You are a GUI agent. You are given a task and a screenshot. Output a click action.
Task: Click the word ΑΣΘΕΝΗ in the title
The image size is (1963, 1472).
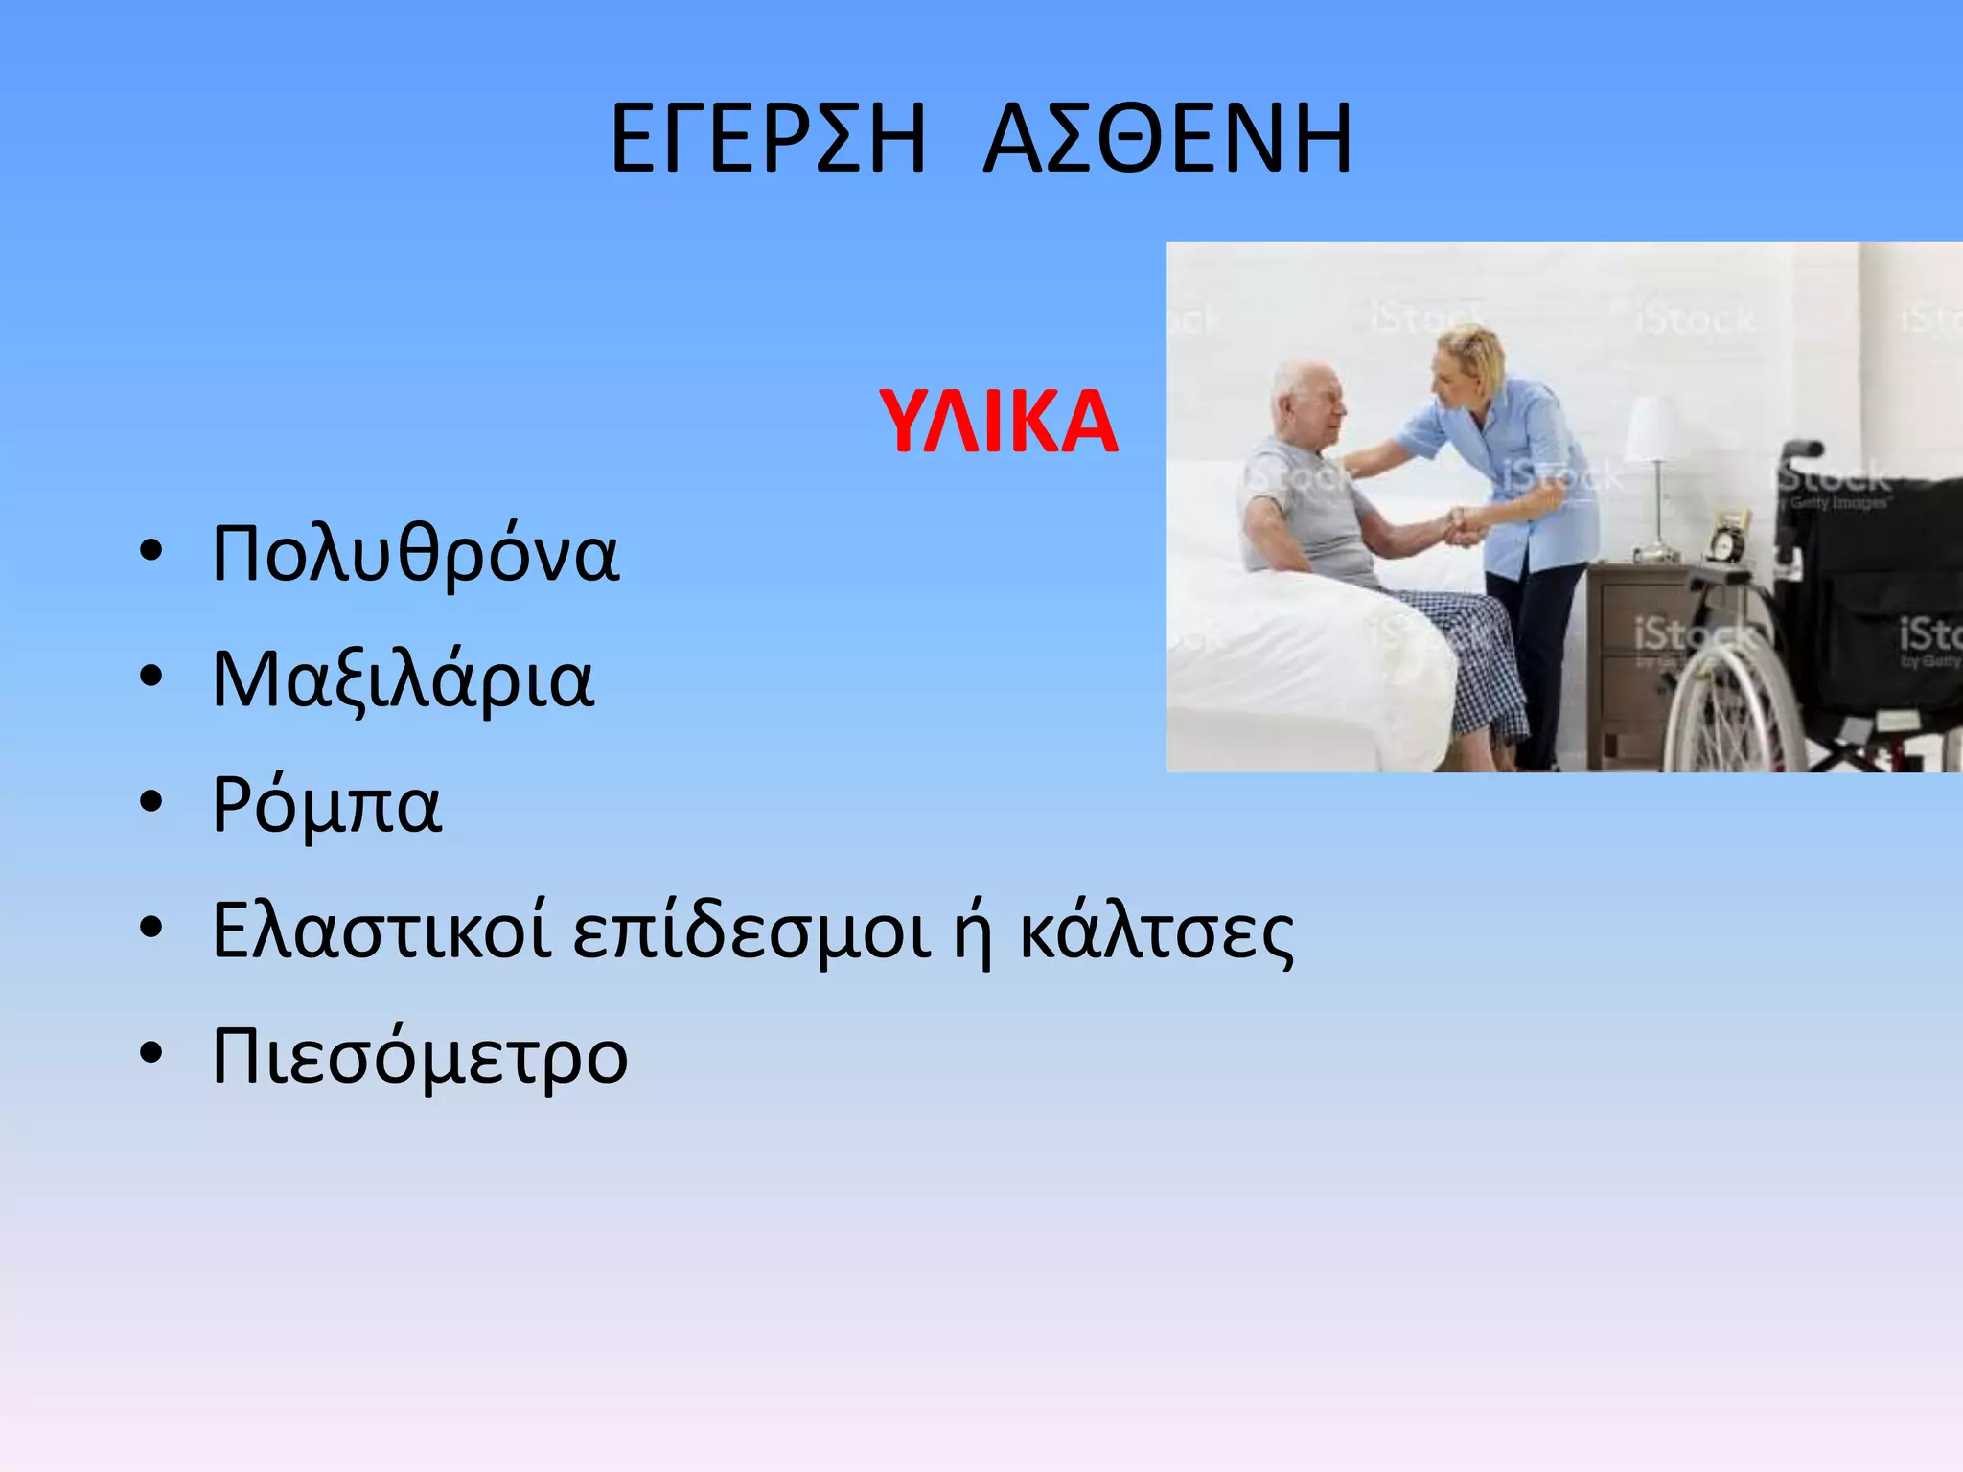[1167, 141]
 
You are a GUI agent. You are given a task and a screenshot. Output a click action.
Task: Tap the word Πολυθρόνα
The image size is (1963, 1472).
[415, 554]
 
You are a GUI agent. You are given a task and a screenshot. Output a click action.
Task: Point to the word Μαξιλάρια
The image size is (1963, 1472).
[403, 679]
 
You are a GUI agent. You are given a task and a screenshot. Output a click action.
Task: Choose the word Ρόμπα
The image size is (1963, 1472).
[326, 805]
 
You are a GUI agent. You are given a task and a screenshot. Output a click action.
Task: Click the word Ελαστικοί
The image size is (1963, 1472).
[381, 931]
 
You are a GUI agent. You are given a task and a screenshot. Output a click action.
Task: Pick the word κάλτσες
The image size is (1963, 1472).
[1156, 931]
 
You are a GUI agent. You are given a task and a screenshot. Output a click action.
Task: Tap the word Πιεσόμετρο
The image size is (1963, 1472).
[419, 1056]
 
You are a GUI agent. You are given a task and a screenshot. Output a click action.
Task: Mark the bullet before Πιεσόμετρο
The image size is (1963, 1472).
[151, 1054]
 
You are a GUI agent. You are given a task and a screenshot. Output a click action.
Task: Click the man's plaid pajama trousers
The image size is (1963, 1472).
[1476, 652]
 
